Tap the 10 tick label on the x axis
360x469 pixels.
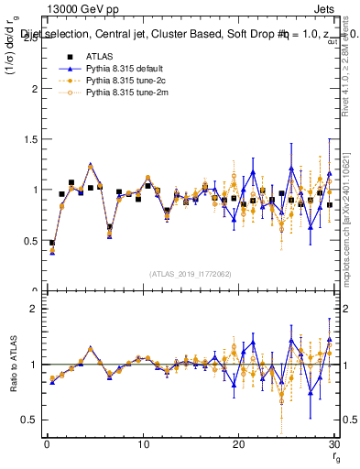[142, 445]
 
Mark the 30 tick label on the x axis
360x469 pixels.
[333, 445]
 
